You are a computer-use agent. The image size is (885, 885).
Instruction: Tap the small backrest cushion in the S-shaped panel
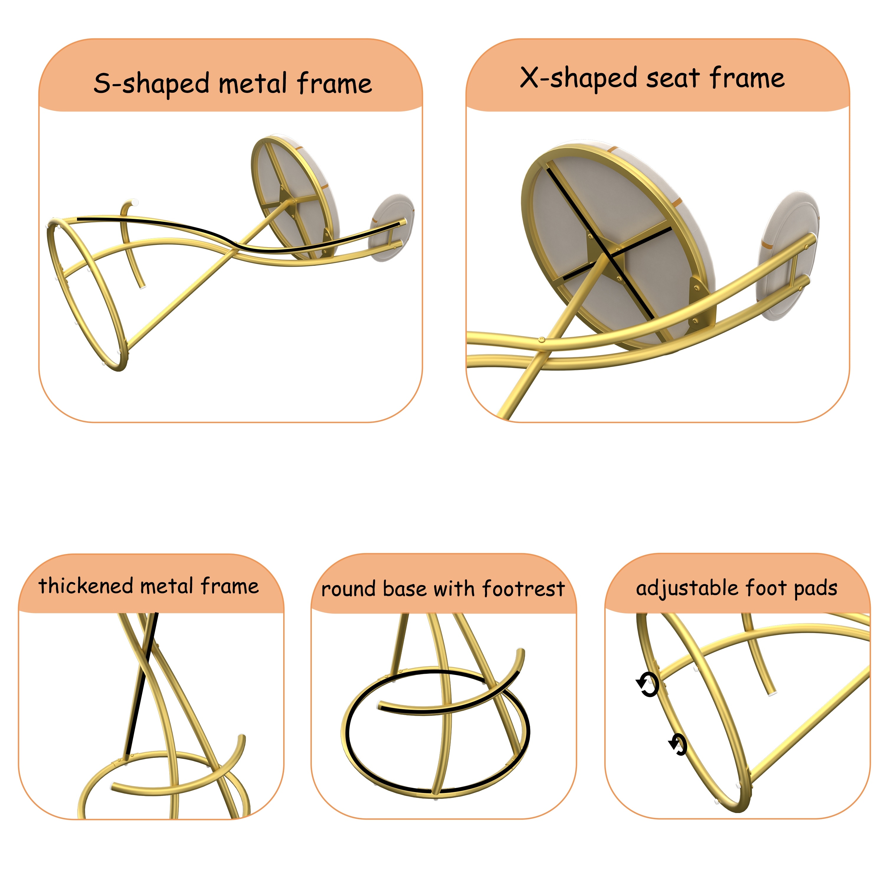[x=392, y=228]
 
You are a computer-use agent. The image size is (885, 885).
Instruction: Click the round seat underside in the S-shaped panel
[x=293, y=197]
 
